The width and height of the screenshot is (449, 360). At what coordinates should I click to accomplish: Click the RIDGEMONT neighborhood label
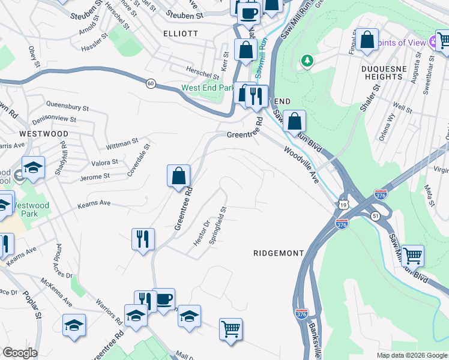coord(279,253)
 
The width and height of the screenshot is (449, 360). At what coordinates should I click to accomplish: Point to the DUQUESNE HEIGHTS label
coord(382,73)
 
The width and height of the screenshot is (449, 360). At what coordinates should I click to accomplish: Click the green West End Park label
coord(208,88)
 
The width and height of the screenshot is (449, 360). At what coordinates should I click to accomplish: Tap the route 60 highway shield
coord(151,84)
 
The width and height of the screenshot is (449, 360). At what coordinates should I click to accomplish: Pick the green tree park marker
coord(307,61)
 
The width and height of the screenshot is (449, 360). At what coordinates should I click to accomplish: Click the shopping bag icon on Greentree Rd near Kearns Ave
coord(178,176)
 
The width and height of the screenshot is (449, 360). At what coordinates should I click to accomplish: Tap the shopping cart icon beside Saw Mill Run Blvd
coord(412,256)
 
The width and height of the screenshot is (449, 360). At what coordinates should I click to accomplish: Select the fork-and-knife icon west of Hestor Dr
coord(143,239)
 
